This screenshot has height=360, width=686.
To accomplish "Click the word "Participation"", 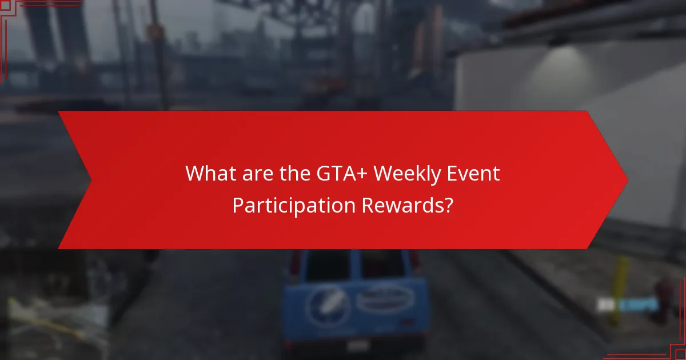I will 293,205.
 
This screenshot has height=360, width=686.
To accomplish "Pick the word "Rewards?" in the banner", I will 408,205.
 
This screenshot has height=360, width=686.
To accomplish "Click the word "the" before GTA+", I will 290,173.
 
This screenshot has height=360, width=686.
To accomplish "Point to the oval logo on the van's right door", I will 386,299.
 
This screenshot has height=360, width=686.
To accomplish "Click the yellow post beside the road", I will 621,274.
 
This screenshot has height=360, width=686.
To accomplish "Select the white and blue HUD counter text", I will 627,305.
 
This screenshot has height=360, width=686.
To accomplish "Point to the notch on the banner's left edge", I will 90,179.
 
